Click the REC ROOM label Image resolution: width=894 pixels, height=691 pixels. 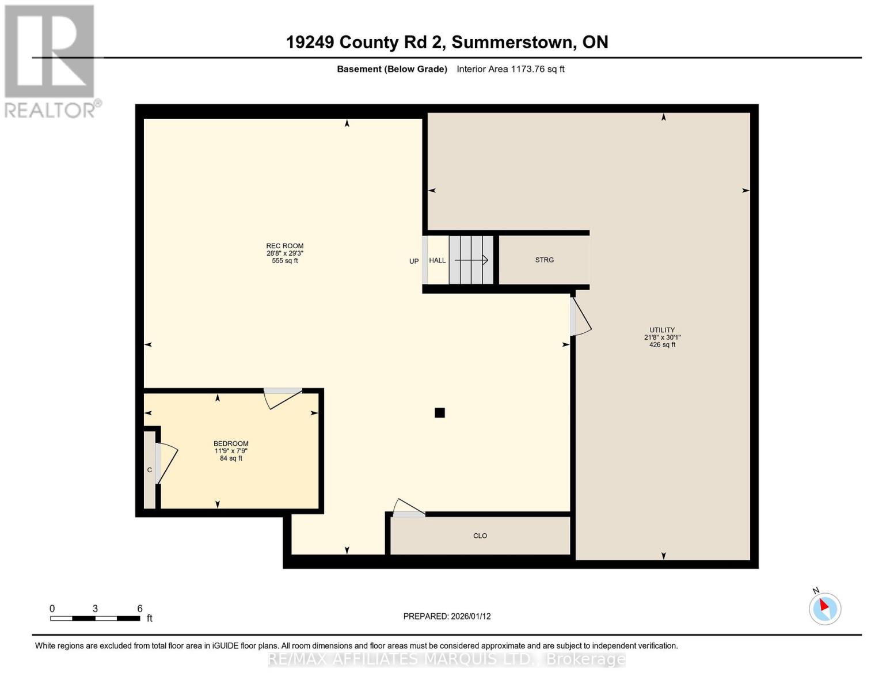pos(284,246)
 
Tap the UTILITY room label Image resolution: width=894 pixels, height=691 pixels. pos(662,330)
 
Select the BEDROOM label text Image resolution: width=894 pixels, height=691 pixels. pos(231,443)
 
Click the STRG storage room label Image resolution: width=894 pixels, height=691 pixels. pos(544,260)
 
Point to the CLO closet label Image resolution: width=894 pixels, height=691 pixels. pos(480,536)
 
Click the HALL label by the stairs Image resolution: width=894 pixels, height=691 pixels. pos(437,260)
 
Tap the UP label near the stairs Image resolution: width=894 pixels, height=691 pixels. pos(414,261)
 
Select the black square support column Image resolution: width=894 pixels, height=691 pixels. pos(440,413)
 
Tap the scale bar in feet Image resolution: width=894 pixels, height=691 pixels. pos(95,618)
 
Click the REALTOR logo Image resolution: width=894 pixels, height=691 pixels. pos(50,60)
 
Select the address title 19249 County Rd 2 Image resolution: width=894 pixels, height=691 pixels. pos(447,42)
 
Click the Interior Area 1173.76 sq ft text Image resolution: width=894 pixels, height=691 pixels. pos(510,69)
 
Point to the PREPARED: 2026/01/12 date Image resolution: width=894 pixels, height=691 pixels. pos(447,616)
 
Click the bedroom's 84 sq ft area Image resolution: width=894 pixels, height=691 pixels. pos(231,458)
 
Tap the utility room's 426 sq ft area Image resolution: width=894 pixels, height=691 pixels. pos(662,345)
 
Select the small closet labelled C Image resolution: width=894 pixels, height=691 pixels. pos(150,470)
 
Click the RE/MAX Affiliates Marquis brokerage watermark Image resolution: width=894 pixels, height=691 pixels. pos(447,659)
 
